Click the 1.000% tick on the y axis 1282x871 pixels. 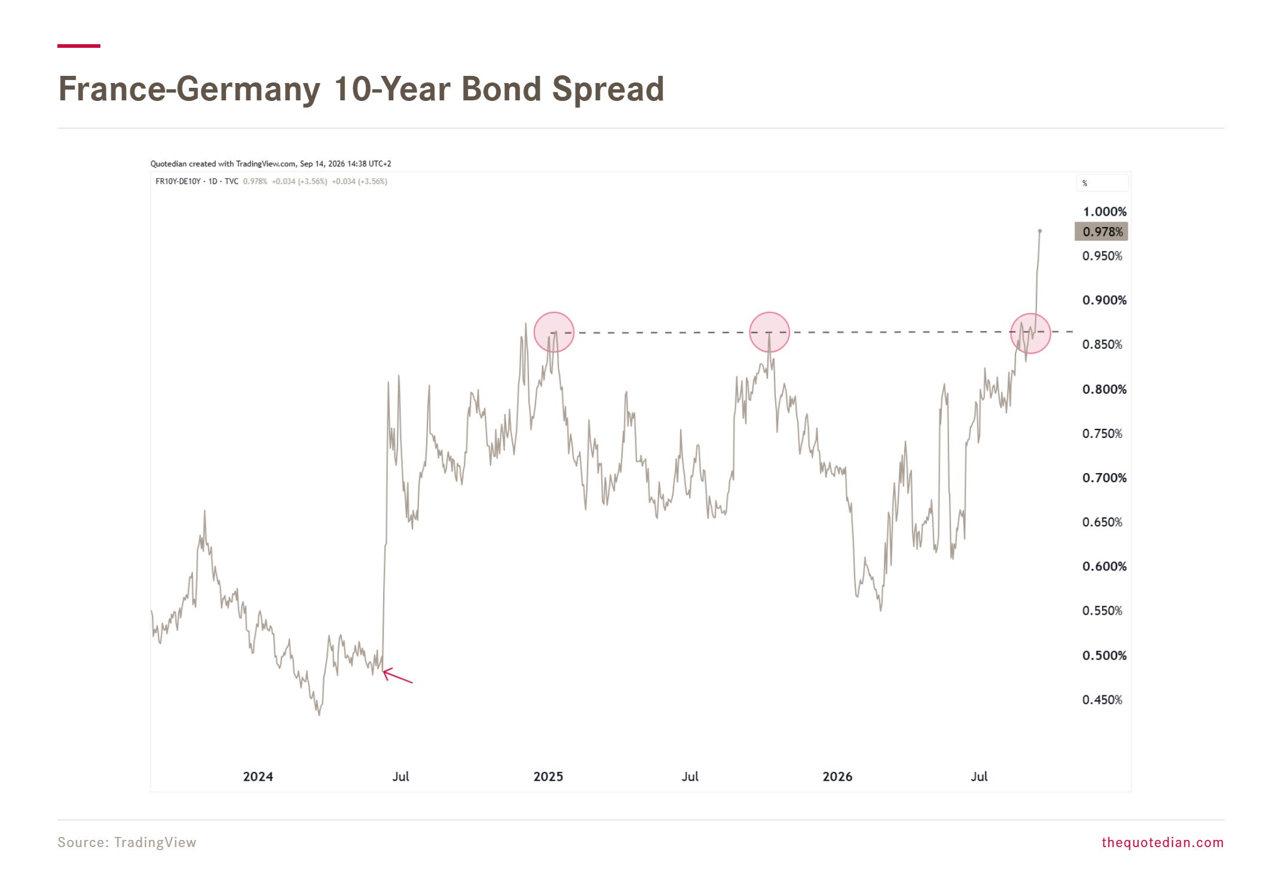click(x=1104, y=211)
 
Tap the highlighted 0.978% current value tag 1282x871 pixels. click(x=1101, y=232)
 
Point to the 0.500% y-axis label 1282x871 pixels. click(x=1104, y=655)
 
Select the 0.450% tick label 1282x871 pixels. click(x=1102, y=700)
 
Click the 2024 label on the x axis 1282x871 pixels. click(x=258, y=777)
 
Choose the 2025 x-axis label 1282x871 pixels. click(x=548, y=777)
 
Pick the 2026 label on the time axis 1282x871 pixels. click(x=837, y=777)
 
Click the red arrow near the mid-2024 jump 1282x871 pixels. click(x=397, y=676)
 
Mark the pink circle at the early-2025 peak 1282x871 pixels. click(x=554, y=332)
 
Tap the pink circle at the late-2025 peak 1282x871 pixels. click(x=770, y=332)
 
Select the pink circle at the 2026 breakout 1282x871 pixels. click(x=1030, y=333)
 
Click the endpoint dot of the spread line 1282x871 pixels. click(x=1040, y=231)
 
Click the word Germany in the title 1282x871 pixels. click(x=249, y=89)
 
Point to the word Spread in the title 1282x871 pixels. click(x=608, y=89)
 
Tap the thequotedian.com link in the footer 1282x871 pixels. click(x=1162, y=842)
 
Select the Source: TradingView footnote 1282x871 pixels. click(x=127, y=842)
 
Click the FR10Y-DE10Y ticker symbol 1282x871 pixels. click(x=178, y=182)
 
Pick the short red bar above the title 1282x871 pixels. click(x=79, y=46)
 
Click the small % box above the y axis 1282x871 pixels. click(x=1103, y=183)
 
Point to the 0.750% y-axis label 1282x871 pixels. click(x=1102, y=434)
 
